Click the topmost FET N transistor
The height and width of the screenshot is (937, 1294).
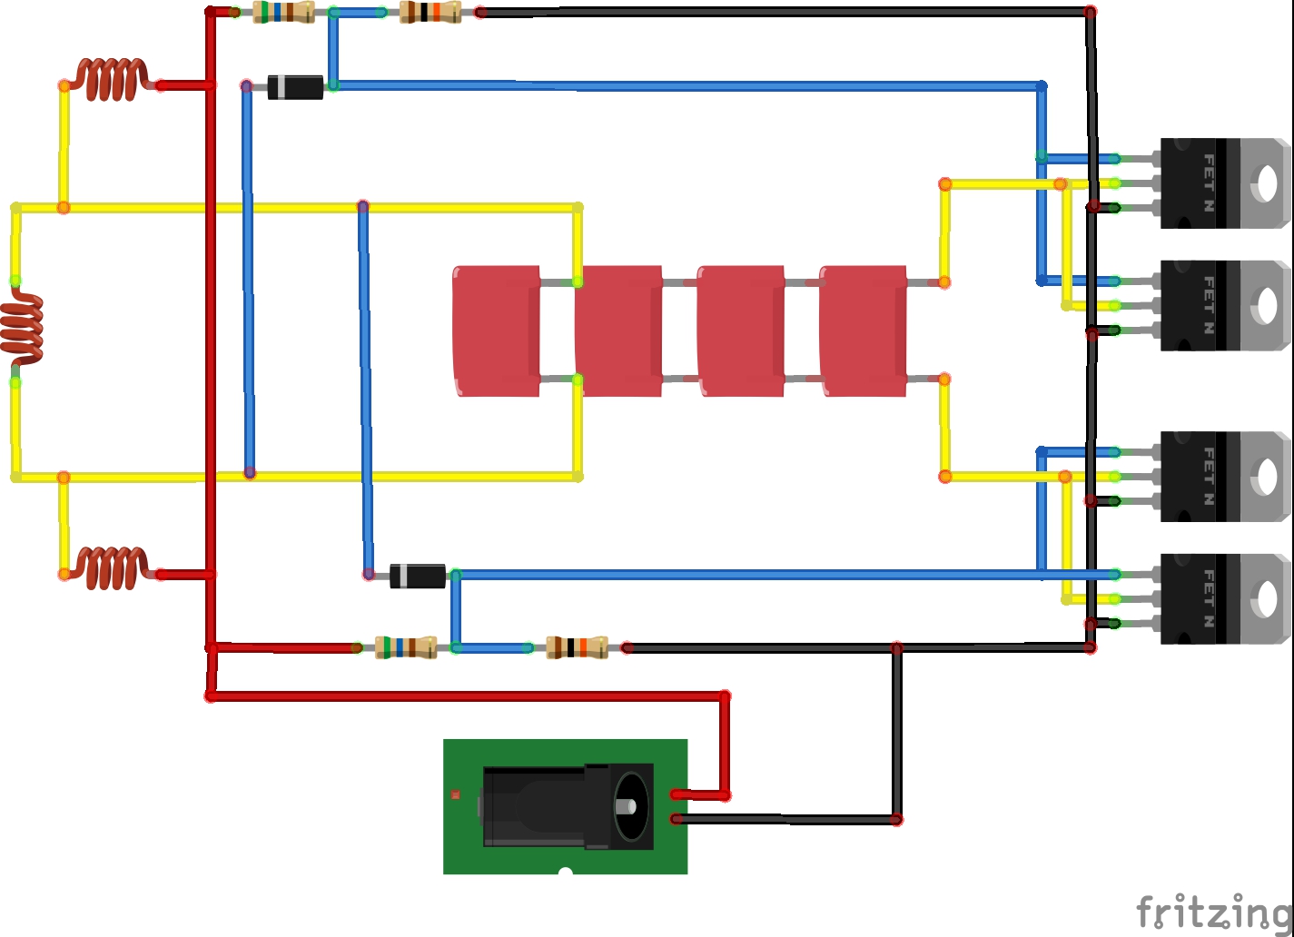pos(1224,182)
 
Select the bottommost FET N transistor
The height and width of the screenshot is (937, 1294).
pos(1224,598)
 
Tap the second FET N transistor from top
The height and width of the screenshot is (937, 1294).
pos(1224,305)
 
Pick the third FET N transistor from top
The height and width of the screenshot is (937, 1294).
pos(1224,476)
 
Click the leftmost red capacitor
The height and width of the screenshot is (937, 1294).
pos(496,330)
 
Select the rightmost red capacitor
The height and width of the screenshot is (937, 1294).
pos(863,330)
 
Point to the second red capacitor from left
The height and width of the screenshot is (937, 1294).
pos(618,330)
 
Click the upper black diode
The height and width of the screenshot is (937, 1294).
pos(295,87)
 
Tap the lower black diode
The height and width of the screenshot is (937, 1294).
pos(418,576)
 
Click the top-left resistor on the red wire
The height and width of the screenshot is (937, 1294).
pos(283,12)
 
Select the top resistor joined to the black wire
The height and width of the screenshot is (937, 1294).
pos(430,12)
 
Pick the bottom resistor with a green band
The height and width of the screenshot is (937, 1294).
pos(406,647)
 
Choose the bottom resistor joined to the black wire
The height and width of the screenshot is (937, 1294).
pos(577,647)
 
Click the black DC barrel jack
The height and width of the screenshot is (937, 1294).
pos(568,806)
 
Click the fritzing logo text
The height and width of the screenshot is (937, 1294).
pos(1213,911)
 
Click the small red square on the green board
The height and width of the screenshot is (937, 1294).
pos(456,795)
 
